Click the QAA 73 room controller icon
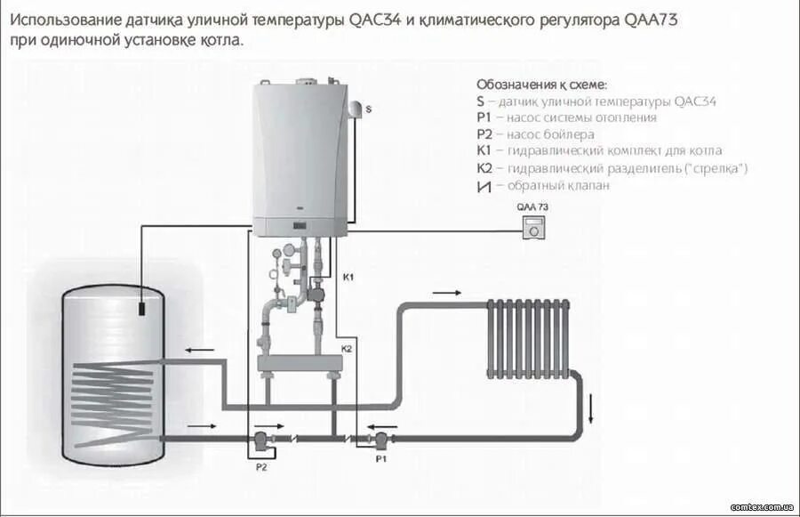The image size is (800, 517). [x=534, y=227]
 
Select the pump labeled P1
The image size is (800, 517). [x=380, y=439]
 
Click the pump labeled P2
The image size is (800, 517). [x=260, y=440]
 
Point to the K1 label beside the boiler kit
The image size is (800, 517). [x=348, y=278]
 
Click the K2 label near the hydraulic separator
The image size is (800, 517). [x=347, y=349]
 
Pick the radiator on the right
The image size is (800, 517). [x=528, y=339]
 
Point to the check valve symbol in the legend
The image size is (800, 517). [x=484, y=186]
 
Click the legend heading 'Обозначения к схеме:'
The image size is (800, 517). [x=541, y=85]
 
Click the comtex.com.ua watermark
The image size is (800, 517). [x=761, y=506]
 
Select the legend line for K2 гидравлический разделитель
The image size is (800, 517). [x=612, y=168]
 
